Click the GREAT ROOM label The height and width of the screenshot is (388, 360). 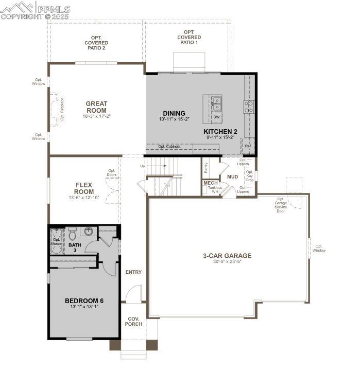[96, 107]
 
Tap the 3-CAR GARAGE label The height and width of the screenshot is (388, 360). [227, 255]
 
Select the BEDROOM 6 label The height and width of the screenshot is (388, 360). [84, 301]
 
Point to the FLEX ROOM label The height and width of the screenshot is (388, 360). [83, 188]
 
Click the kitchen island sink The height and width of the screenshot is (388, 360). [216, 104]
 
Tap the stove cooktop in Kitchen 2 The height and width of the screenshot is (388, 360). [249, 107]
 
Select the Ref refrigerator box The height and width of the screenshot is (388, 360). [248, 146]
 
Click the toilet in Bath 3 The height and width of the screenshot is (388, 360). [73, 233]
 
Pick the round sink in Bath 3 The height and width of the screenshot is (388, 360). [89, 232]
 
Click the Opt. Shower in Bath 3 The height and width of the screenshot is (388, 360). [56, 242]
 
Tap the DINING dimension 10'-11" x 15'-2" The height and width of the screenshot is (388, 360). [174, 119]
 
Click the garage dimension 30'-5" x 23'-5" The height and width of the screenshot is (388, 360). [227, 262]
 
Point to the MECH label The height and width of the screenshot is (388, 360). [210, 183]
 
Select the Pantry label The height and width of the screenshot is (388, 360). [205, 167]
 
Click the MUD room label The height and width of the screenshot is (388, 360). [232, 177]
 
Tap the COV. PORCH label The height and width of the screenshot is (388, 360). [133, 321]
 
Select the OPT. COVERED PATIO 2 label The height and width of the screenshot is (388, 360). [95, 43]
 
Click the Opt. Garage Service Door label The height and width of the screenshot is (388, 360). [281, 205]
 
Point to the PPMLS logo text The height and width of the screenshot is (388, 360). [53, 9]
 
